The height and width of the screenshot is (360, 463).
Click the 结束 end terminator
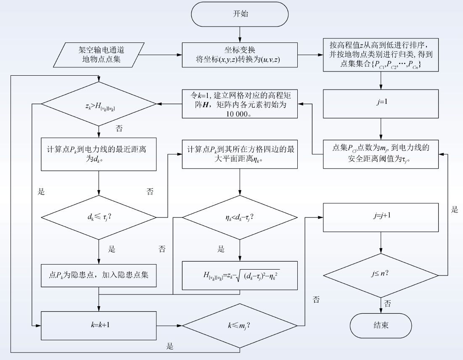381,326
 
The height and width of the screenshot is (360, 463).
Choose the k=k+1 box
99,326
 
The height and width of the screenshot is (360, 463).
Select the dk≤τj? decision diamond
99,218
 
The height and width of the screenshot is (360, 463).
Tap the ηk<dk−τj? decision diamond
240,218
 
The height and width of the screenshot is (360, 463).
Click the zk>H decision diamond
99,104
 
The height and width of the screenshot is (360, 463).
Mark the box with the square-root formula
240,275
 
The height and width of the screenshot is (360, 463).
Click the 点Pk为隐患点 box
99,275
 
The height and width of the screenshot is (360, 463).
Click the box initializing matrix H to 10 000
240,104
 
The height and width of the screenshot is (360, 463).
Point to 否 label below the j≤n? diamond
387,303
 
